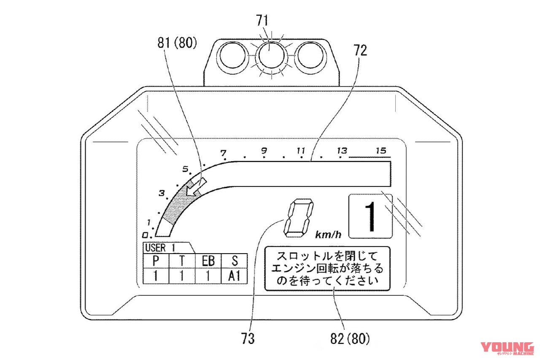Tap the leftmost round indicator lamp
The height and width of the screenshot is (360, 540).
point(232,55)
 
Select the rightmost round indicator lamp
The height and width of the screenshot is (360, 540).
point(310,55)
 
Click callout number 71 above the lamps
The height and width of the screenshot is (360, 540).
point(262,21)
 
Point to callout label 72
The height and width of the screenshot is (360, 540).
point(360,51)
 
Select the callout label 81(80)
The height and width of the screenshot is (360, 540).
point(177,43)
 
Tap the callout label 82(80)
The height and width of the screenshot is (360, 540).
point(350,338)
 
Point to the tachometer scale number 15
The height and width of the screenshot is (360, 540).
point(381,151)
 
